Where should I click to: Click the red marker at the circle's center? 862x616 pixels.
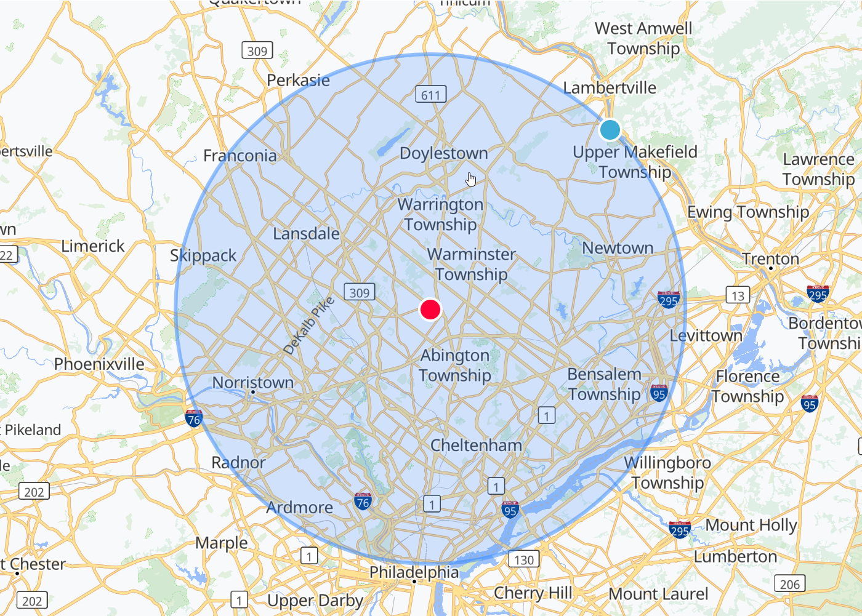point(430,309)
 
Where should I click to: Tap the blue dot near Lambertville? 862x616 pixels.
point(610,130)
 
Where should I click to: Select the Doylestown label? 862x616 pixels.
point(443,153)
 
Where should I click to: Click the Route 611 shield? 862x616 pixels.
point(430,95)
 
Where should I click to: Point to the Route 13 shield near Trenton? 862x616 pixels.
point(738,295)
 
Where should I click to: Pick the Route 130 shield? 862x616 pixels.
point(523,559)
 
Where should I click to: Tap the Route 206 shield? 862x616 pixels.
point(789,584)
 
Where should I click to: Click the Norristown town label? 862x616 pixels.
point(253,382)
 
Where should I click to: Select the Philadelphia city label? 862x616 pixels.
point(414,572)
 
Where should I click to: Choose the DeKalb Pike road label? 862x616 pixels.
point(308,326)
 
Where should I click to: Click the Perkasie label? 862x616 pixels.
point(298,80)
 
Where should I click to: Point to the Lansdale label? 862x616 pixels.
point(306,234)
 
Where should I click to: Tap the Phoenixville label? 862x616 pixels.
point(99,364)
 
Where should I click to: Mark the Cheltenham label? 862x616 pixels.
point(476,445)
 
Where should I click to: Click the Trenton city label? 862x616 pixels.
point(770,258)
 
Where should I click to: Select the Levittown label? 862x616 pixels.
point(706,336)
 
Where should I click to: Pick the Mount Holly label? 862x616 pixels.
point(751,525)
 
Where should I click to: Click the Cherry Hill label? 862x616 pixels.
point(533,593)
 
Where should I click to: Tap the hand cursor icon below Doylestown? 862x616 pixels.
point(471,179)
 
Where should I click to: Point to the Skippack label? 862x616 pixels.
point(203,255)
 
